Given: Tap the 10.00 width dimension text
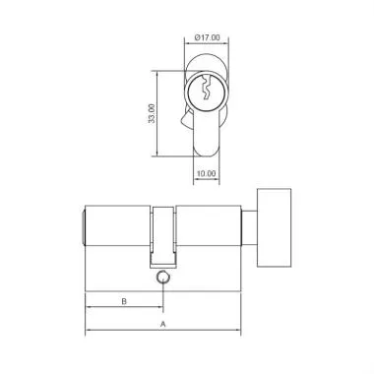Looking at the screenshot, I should click(206, 173).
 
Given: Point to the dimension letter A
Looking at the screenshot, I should click(162, 322).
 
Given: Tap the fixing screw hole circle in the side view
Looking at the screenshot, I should click(162, 279).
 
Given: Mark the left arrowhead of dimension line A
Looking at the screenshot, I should click(89, 331).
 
